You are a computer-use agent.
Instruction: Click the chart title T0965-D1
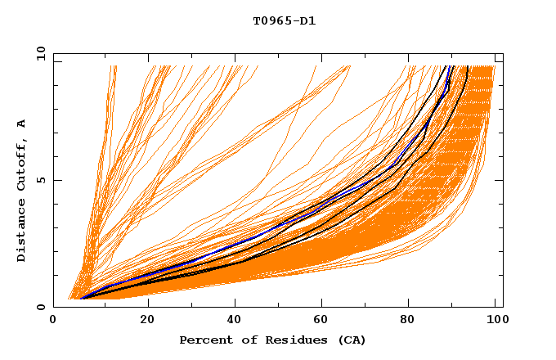click(284, 20)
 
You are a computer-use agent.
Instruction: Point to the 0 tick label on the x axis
click(54, 320)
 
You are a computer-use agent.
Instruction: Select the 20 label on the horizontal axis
click(147, 320)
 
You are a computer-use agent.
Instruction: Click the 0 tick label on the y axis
click(40, 307)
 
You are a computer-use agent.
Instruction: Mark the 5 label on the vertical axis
click(40, 180)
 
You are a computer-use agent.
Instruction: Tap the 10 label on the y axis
click(38, 54)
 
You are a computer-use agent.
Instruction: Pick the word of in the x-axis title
click(242, 340)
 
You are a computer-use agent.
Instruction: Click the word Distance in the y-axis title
click(21, 228)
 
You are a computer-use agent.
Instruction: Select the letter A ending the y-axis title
click(21, 123)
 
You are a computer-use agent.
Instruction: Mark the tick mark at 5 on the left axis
click(56, 180)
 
